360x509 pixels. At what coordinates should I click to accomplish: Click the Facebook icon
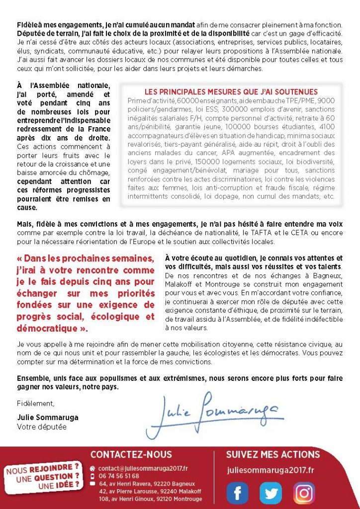coord(238,493)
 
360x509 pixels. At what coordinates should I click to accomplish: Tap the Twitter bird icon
coord(270,493)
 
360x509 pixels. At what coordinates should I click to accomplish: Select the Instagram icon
coord(304,493)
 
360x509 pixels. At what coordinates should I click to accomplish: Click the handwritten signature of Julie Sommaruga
coord(214,411)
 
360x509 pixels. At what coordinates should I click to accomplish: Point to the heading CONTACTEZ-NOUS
coord(131,454)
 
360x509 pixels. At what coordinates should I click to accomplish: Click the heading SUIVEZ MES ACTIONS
coord(273,454)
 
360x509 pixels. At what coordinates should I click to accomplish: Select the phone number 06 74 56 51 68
coord(119,476)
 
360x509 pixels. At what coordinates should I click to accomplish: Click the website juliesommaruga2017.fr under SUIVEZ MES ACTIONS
coord(270,470)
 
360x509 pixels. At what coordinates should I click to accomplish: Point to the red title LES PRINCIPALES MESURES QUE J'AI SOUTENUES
coord(231,92)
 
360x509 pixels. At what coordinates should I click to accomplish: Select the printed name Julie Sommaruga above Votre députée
coord(48,417)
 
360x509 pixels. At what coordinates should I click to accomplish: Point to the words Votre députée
coord(41,426)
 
